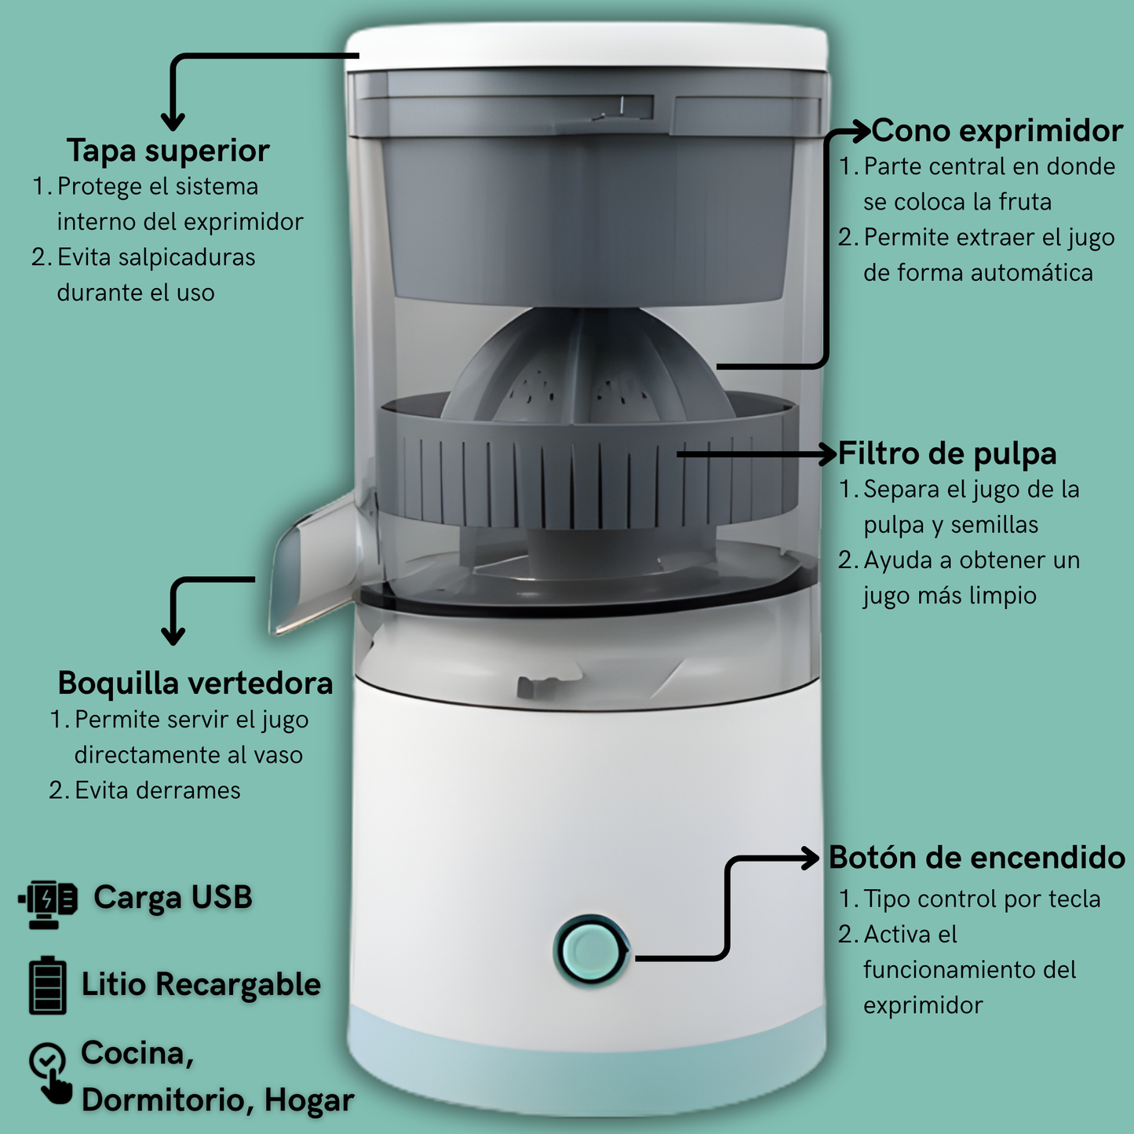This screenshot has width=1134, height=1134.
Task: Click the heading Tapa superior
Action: [168, 151]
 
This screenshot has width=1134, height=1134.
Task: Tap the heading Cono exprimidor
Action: [997, 131]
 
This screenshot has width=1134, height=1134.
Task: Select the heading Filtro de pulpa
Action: [947, 454]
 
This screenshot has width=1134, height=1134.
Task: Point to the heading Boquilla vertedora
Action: [195, 683]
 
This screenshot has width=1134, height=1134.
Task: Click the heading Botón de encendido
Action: [977, 858]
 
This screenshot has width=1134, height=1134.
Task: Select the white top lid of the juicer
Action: [587, 47]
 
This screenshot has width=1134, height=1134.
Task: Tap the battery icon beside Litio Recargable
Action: [48, 985]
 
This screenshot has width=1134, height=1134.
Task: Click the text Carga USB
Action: [173, 898]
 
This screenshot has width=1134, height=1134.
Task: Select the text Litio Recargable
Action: [201, 984]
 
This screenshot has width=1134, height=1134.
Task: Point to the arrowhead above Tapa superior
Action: [173, 122]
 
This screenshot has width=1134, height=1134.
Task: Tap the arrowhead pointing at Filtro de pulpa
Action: [826, 454]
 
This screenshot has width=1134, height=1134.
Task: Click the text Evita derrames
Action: [157, 790]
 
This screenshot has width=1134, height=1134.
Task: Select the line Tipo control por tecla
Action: [981, 899]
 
